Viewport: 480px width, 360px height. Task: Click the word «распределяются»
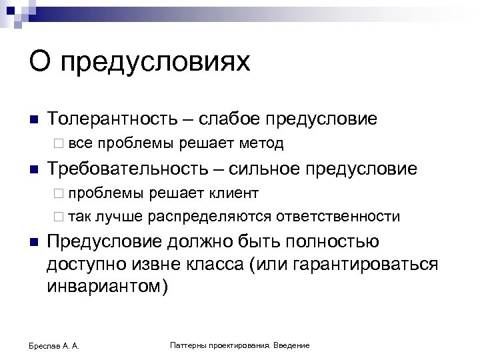tap(210, 217)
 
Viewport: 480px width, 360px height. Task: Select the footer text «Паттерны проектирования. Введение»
tap(240, 345)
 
